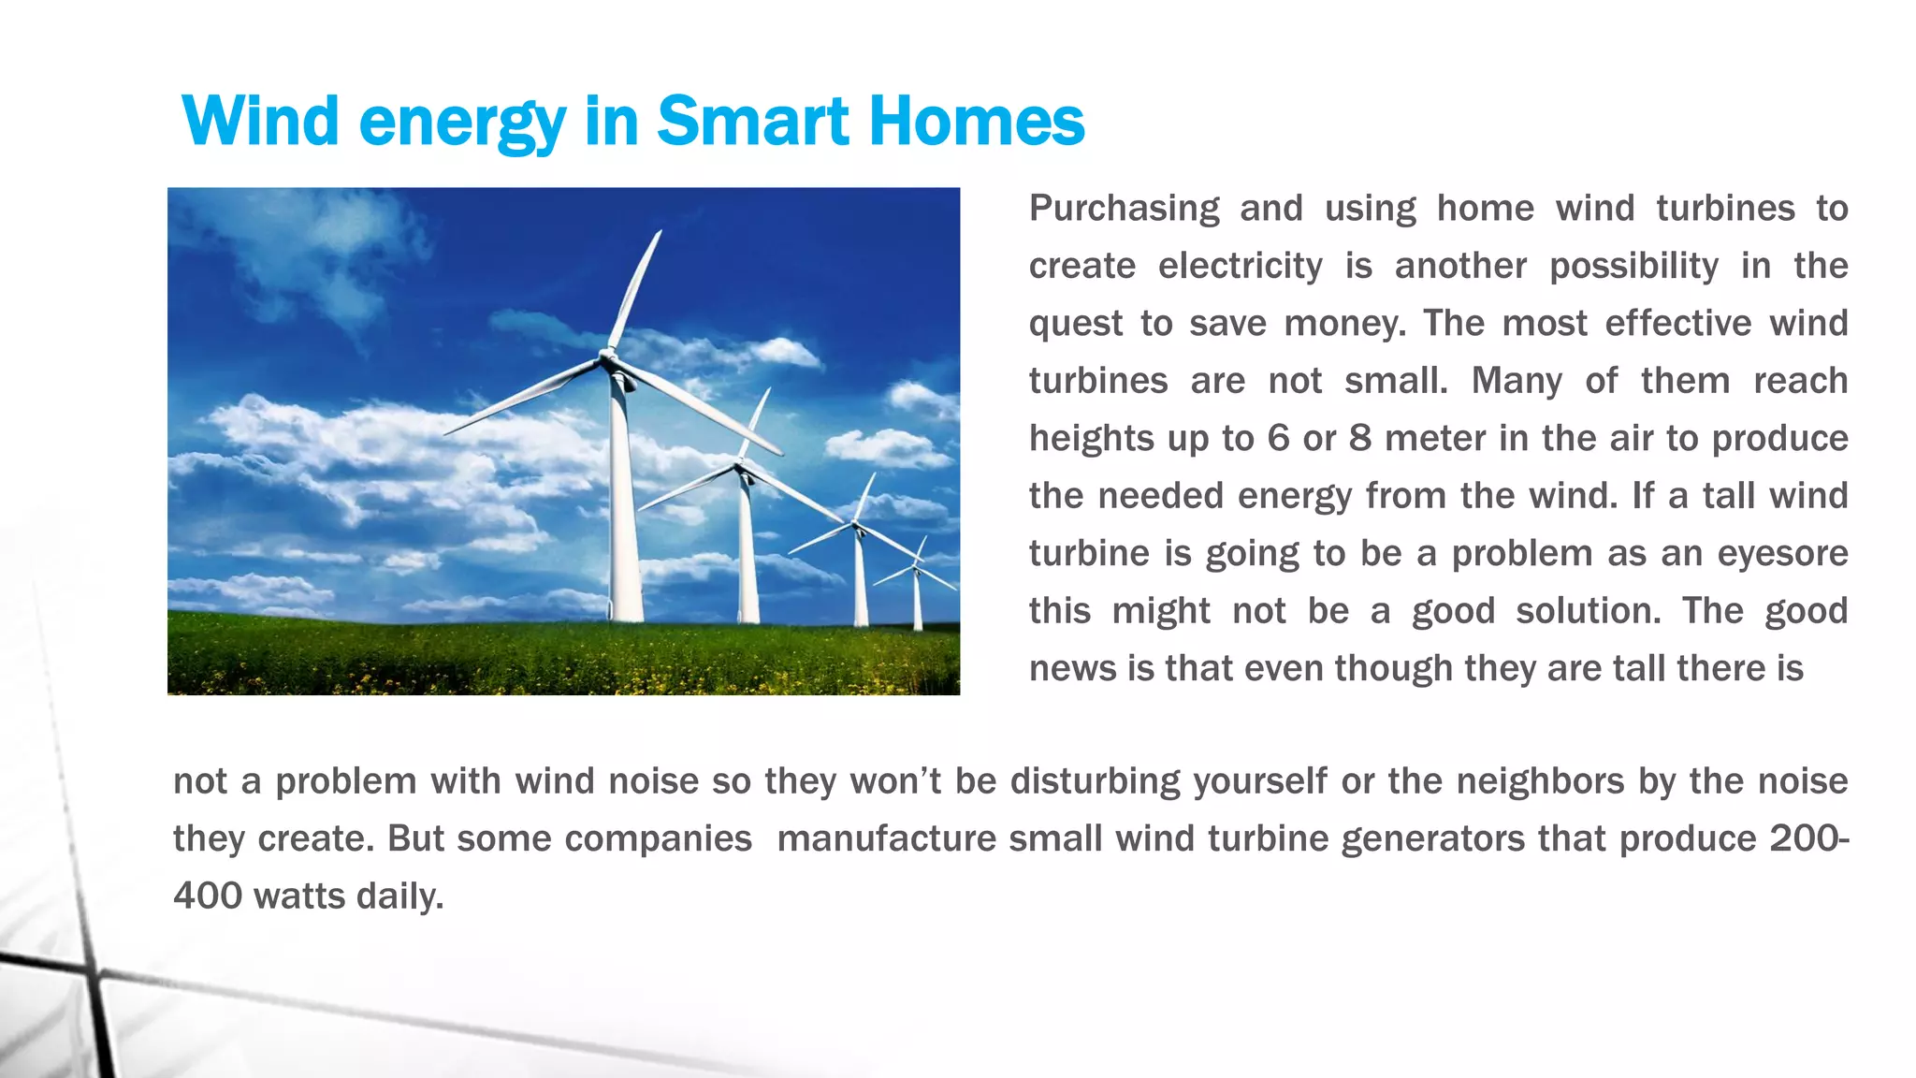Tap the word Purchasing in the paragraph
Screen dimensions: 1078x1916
tap(1124, 209)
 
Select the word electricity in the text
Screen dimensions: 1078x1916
tap(1240, 267)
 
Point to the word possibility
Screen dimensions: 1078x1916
tap(1633, 267)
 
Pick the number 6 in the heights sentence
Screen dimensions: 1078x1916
tap(1278, 439)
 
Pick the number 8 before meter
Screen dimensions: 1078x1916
tap(1359, 439)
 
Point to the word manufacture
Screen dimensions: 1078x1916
tap(886, 839)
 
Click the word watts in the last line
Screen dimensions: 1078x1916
tap(299, 896)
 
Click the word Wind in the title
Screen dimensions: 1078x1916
tap(260, 122)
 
